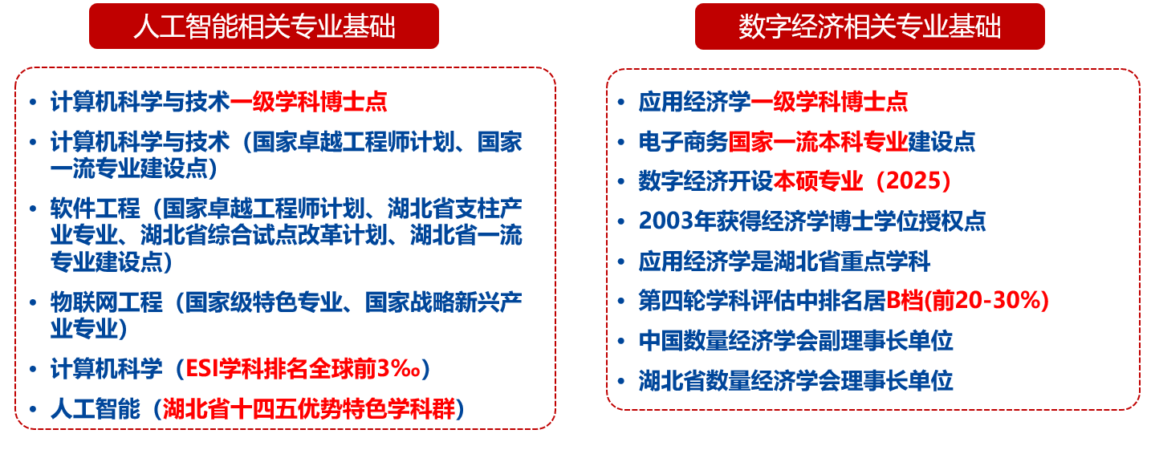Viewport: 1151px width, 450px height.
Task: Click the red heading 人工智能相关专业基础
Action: click(264, 26)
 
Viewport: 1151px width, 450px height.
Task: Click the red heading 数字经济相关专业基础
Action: click(869, 26)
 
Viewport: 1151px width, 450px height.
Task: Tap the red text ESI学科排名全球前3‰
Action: click(303, 369)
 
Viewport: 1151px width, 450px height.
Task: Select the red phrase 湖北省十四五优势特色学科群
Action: click(309, 409)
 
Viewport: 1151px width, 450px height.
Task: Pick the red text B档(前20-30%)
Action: click(967, 301)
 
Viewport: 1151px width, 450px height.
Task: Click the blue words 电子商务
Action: click(683, 141)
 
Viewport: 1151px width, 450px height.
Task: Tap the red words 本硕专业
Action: click(818, 180)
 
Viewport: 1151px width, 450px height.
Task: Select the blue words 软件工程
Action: click(95, 209)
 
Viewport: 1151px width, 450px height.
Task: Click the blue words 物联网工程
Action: click(107, 302)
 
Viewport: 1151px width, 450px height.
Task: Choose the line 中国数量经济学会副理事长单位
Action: click(796, 341)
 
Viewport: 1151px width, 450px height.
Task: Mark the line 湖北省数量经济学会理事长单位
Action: click(796, 381)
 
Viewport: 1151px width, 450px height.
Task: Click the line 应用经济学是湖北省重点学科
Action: click(785, 261)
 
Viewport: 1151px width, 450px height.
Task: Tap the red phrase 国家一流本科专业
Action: click(818, 141)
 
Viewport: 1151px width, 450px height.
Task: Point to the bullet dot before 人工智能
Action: click(33, 410)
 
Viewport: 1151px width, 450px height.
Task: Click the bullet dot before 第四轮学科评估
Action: click(620, 302)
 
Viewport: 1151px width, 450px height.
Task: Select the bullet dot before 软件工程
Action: click(33, 209)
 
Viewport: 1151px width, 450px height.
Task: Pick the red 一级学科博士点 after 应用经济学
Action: click(829, 102)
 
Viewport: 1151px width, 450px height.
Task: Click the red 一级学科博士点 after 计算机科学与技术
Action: click(308, 102)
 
